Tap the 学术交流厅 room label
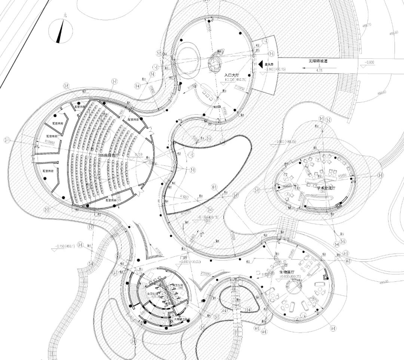tap(326, 186)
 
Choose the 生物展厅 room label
tap(287, 272)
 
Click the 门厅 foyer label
tap(183, 258)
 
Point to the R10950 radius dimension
tap(50, 143)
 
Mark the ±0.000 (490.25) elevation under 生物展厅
tap(287, 277)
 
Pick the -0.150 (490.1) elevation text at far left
tap(64, 246)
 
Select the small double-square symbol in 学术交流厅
tap(339, 205)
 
